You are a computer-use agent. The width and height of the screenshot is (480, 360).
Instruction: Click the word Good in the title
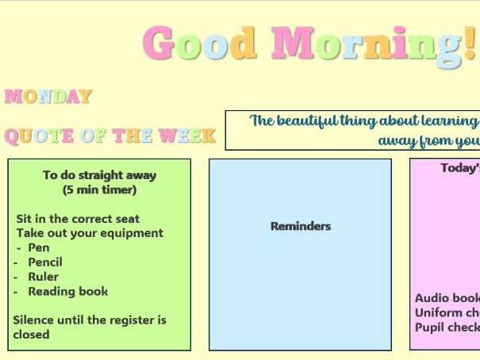point(199,44)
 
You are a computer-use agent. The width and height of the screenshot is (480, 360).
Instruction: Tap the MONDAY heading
point(48,97)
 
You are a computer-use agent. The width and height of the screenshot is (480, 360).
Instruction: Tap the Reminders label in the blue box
point(301,226)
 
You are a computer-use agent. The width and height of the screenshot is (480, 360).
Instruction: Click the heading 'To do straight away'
point(99,175)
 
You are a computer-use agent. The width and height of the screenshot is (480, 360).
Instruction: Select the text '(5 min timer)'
point(99,190)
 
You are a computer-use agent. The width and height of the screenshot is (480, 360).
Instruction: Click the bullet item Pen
point(38,247)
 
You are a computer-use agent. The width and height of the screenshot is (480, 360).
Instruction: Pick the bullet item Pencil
point(44,262)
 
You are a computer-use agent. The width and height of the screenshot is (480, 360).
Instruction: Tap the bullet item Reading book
point(67,291)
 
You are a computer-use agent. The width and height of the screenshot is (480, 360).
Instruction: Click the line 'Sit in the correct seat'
point(78,219)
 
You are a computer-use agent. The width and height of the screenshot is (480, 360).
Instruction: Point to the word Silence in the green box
point(34,320)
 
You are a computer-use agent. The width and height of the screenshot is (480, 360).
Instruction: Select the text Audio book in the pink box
point(447,298)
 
